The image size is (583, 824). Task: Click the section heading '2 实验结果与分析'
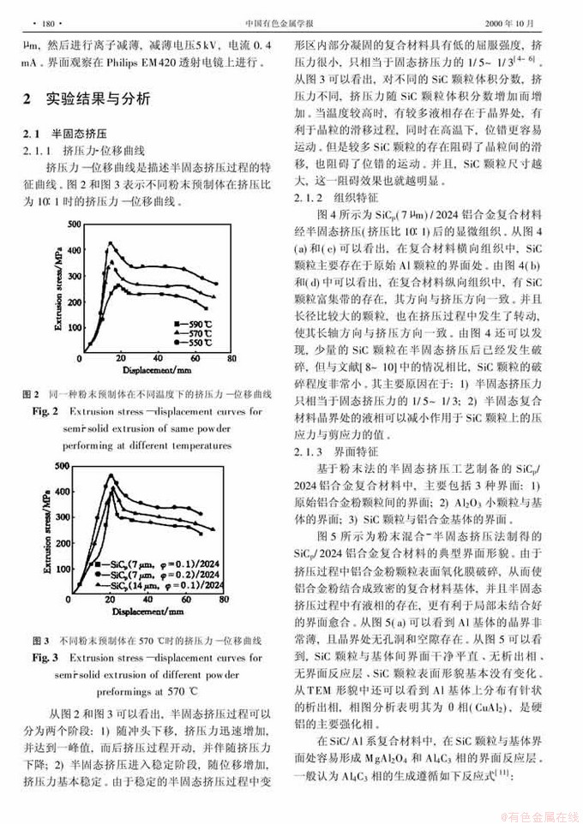(90, 100)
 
